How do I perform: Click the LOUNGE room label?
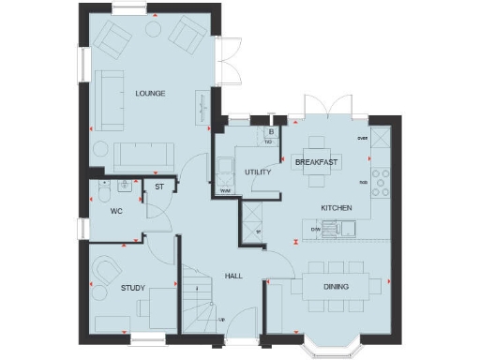[x=150, y=93]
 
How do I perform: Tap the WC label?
[x=116, y=211]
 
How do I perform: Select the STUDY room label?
[x=132, y=288]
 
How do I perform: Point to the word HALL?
[x=233, y=276]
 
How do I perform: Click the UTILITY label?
[x=258, y=172]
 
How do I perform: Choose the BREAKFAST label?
[x=315, y=162]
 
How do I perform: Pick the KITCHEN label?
[x=336, y=206]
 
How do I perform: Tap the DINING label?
[x=336, y=287]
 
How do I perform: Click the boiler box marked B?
[x=270, y=133]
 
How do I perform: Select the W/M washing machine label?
[x=225, y=191]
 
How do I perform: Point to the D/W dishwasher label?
[x=317, y=228]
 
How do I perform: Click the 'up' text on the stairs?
[x=221, y=320]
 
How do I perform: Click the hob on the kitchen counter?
[x=382, y=180]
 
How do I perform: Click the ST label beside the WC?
[x=159, y=187]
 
